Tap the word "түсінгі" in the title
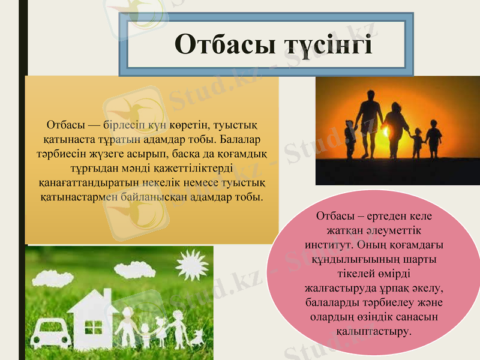[x=322, y=45]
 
